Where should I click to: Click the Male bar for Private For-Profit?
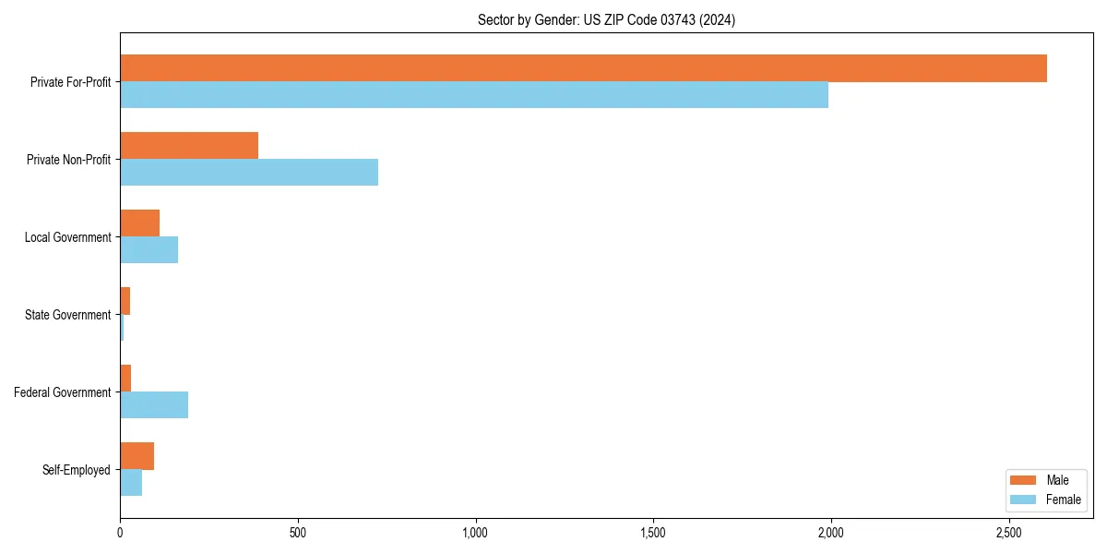583,68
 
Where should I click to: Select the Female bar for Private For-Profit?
474,95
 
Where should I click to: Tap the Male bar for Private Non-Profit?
189,146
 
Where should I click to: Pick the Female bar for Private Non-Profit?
249,173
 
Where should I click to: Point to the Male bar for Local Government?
139,223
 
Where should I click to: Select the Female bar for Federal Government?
154,405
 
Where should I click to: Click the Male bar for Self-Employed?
137,456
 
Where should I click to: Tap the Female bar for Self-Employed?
131,483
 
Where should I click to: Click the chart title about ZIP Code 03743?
606,19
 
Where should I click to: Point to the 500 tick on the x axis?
297,534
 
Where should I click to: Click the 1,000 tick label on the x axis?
475,534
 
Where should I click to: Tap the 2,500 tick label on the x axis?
1008,534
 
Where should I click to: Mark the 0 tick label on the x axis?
120,534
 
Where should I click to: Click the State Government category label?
67,315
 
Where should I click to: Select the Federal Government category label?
63,392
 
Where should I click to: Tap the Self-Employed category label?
77,470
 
